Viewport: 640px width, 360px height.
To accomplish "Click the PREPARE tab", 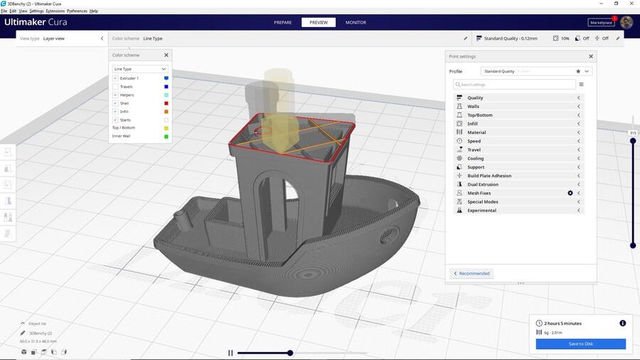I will [282, 22].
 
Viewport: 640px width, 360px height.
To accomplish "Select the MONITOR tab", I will [356, 22].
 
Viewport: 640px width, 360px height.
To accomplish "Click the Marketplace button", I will [601, 22].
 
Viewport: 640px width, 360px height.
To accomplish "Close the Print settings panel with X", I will [590, 56].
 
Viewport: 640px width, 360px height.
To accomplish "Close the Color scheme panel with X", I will [166, 55].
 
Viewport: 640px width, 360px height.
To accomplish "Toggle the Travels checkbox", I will [115, 87].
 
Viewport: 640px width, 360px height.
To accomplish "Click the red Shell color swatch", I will [166, 103].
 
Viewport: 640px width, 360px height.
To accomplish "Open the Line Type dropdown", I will [140, 69].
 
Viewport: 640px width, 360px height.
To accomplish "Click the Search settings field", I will [516, 84].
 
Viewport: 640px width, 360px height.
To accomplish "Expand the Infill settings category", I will [472, 124].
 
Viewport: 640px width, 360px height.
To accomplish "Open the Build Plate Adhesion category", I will [489, 176].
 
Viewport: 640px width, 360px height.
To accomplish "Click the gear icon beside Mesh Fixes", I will [570, 193].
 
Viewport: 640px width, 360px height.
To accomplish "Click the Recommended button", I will [471, 273].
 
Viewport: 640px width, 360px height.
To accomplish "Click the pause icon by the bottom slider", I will [230, 353].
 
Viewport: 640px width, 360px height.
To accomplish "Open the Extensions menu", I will [55, 11].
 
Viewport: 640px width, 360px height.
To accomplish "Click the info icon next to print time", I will [622, 323].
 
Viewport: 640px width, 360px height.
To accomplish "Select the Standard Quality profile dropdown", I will [536, 71].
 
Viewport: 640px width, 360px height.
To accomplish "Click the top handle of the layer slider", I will [633, 140].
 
